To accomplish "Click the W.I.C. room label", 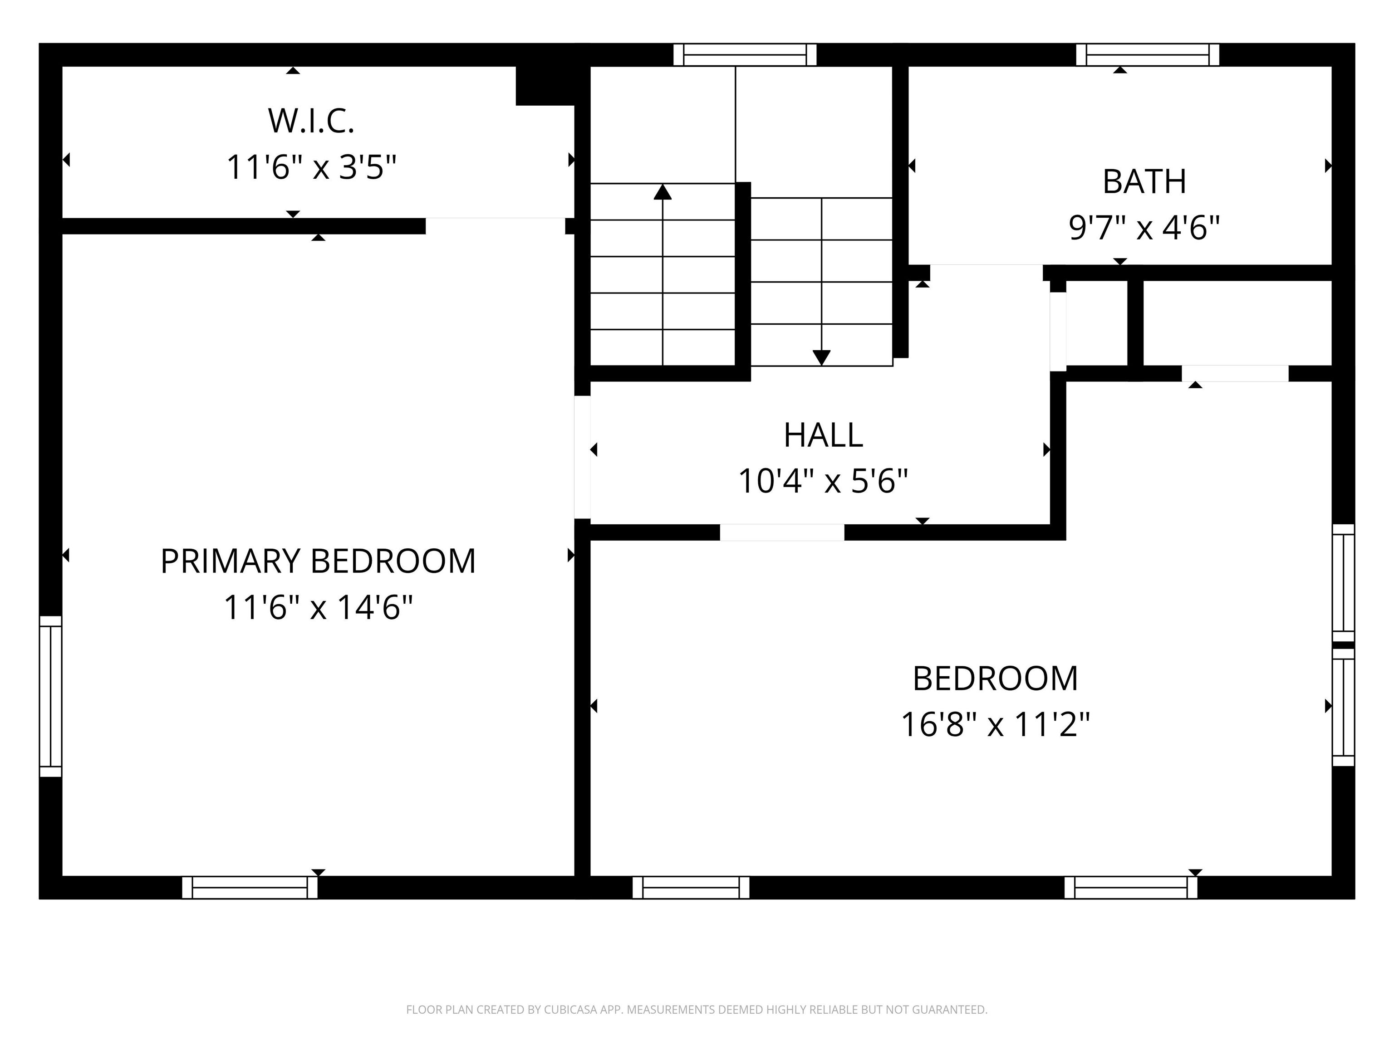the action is tap(311, 121).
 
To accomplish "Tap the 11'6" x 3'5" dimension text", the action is tap(311, 167).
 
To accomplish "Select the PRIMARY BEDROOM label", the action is tap(318, 561).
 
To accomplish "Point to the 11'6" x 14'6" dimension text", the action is tap(318, 608).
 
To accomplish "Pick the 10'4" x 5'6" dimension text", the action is tap(823, 481).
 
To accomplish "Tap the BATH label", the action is tap(1144, 181).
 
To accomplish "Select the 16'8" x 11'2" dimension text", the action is tap(995, 724).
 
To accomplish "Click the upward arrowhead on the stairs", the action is tap(663, 191).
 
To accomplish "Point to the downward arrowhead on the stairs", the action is tap(821, 357).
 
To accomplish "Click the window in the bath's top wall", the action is tap(1148, 55).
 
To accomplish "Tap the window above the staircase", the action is tap(745, 55).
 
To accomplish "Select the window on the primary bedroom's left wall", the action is tap(50, 696).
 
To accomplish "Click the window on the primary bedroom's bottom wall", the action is tap(250, 887).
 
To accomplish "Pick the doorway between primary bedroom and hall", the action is tap(582, 457).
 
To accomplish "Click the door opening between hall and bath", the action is tap(986, 273).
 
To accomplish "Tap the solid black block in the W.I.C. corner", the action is tap(546, 86).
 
